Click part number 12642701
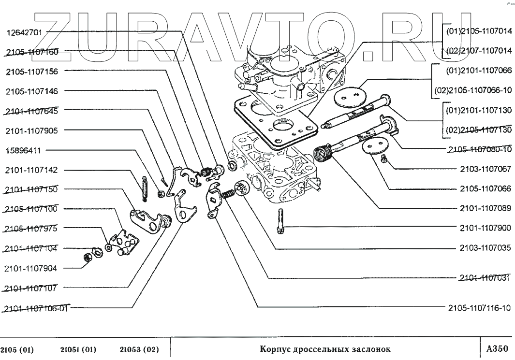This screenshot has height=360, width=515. point(24,33)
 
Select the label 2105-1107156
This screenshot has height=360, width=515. point(32,72)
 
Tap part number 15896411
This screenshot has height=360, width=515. point(23,150)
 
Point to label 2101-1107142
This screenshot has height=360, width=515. point(32,170)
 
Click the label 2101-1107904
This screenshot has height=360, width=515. point(32,268)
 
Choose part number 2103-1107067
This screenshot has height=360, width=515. point(485,170)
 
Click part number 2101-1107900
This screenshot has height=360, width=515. point(485,227)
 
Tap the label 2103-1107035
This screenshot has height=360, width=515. point(485,248)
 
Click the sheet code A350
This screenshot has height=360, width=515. point(497,348)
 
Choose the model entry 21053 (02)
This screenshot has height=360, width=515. point(139,349)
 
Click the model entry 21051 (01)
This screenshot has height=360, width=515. point(79,349)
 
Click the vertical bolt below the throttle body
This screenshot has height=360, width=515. point(280,221)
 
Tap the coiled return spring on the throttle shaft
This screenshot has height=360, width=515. point(323,154)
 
